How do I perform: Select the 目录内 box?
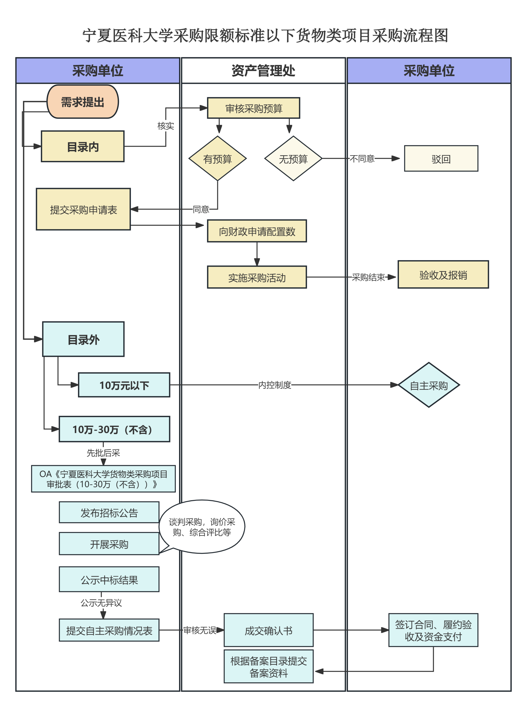click(x=83, y=146)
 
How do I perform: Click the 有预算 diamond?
click(x=218, y=158)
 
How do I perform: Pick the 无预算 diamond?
click(x=293, y=158)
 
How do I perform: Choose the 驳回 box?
click(x=441, y=158)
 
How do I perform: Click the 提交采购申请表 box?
click(x=83, y=209)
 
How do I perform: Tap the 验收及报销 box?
click(x=443, y=275)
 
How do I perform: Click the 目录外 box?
click(x=83, y=339)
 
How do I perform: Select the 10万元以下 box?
click(x=124, y=385)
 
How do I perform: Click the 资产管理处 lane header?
click(x=263, y=70)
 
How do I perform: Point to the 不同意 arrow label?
click(x=362, y=158)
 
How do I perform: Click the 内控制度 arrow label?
click(x=275, y=385)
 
